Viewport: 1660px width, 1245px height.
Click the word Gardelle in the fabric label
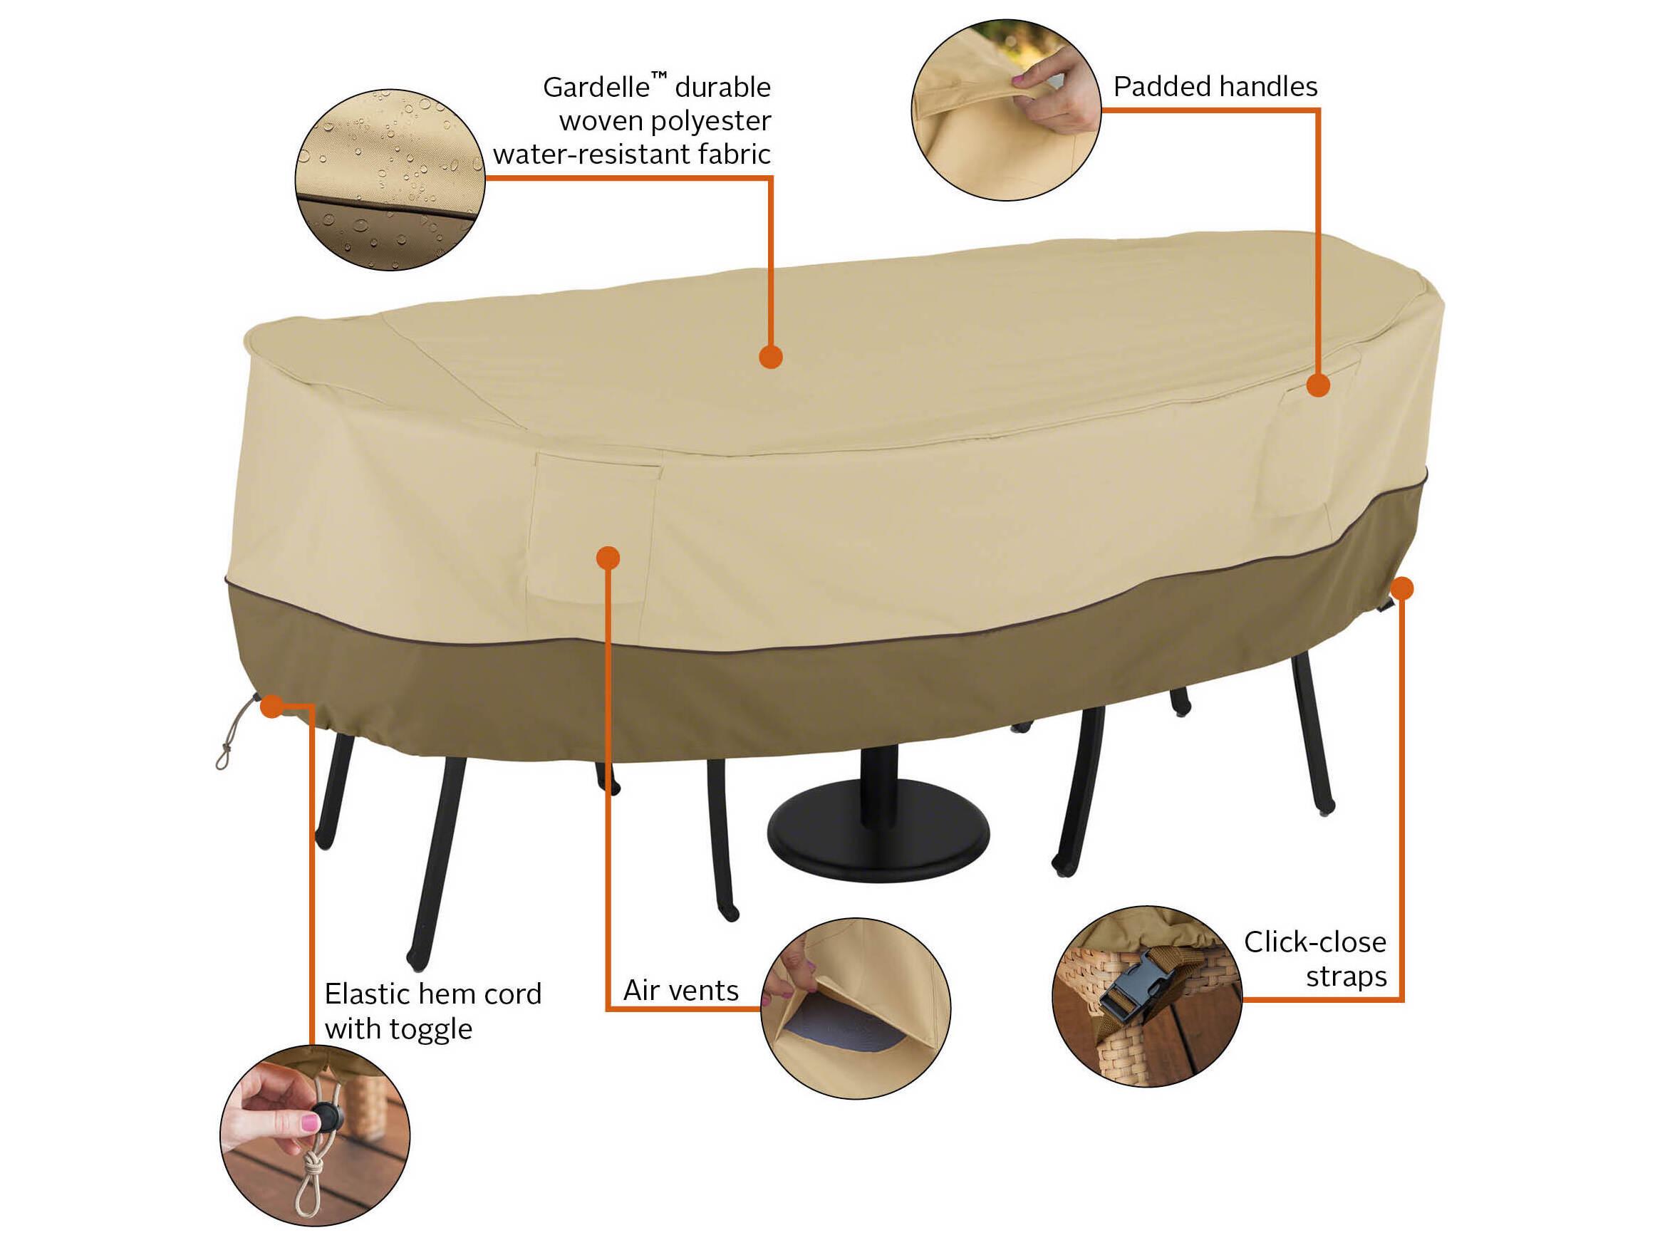(x=596, y=88)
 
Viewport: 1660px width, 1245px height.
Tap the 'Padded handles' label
(x=1215, y=87)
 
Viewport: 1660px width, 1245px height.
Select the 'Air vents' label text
(x=680, y=991)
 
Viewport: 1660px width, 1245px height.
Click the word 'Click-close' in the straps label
(x=1314, y=942)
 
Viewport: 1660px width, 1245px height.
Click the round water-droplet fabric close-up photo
(x=390, y=179)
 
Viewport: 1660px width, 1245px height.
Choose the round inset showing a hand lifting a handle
(x=1005, y=110)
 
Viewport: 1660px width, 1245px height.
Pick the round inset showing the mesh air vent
(x=856, y=1008)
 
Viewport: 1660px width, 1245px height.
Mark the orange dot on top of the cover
(x=771, y=356)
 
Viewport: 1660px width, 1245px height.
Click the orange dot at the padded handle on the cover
(x=1318, y=385)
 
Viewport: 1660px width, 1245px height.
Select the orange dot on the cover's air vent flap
(x=608, y=558)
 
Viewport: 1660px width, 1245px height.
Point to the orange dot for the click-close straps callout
(x=1402, y=588)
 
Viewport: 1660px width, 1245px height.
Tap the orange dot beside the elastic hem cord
(x=271, y=705)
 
